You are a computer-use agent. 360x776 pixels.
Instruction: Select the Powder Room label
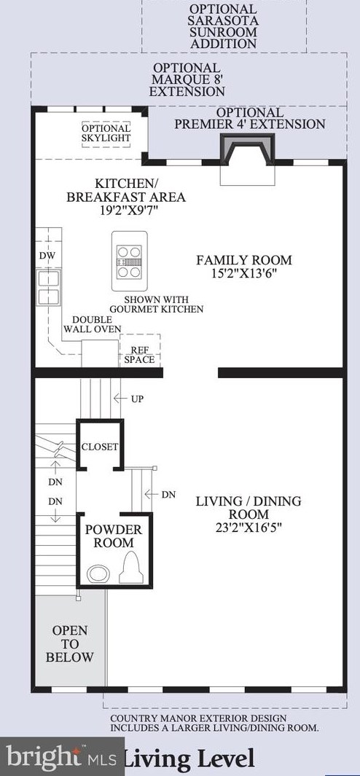[x=114, y=536]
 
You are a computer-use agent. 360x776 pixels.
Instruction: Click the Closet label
[x=100, y=447]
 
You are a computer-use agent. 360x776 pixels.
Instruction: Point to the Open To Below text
[x=70, y=644]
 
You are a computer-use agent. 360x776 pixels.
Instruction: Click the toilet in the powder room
[x=131, y=568]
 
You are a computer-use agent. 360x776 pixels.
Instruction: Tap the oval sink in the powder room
[x=98, y=574]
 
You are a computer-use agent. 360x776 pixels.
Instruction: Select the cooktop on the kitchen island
[x=129, y=262]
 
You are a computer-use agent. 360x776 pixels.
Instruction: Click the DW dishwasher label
[x=47, y=256]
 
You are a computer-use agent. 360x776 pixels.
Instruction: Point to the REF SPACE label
[x=139, y=355]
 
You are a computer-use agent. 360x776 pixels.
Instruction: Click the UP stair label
[x=137, y=399]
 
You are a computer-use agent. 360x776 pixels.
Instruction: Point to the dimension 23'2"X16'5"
[x=249, y=528]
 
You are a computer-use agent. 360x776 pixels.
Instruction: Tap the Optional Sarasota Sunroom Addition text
[x=224, y=26]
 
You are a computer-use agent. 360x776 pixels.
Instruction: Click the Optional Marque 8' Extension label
[x=187, y=79]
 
